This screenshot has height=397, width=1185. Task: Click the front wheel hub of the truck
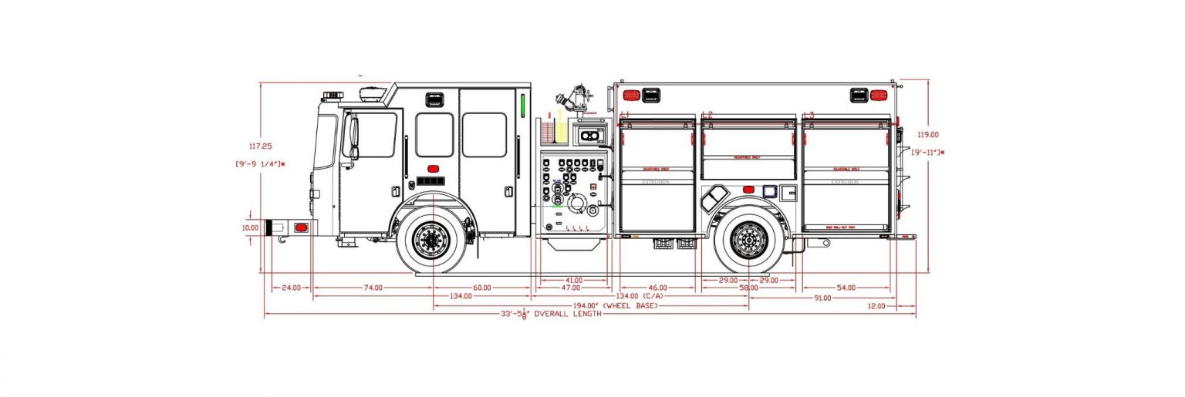[431, 240]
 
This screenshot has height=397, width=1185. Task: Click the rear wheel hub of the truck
[748, 240]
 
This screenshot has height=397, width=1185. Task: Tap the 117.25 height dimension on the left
[260, 145]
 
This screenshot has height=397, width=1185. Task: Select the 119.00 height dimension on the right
[927, 134]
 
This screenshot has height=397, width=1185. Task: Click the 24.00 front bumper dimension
[290, 288]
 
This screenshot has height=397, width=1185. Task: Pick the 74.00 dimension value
[373, 288]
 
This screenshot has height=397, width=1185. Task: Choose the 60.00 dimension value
[481, 288]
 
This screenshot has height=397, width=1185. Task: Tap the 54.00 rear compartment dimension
[846, 288]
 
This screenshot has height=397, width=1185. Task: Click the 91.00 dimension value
[822, 297]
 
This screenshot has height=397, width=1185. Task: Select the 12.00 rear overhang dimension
[876, 306]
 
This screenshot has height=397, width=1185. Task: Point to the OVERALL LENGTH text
[566, 315]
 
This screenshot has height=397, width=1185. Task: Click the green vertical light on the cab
[522, 109]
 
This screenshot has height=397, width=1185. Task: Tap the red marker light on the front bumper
[301, 227]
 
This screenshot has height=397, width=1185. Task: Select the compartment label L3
[809, 115]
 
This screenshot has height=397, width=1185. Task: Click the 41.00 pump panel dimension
[572, 280]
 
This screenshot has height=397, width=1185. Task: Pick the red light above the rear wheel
[747, 190]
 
